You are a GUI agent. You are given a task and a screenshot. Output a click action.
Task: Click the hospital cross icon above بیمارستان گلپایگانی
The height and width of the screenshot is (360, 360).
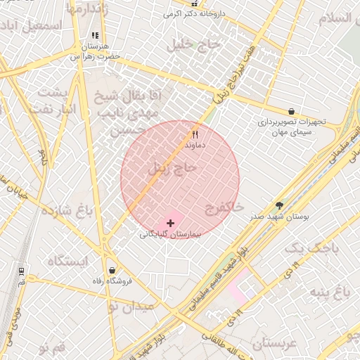pyautogui.click(x=171, y=222)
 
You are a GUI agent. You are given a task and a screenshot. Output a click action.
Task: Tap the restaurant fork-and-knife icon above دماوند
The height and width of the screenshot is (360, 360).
pyautogui.click(x=195, y=134)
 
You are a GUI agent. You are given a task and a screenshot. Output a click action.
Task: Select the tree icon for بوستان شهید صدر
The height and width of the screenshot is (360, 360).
pyautogui.click(x=280, y=205)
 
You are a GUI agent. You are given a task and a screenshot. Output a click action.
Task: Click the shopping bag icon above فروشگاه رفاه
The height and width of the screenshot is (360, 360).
pyautogui.click(x=112, y=271)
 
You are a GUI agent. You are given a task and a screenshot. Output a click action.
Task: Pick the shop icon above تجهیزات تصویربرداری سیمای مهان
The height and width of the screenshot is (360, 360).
pyautogui.click(x=291, y=111)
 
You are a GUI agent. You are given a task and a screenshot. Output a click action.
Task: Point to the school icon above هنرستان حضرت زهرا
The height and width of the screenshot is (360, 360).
pyautogui.click(x=95, y=36)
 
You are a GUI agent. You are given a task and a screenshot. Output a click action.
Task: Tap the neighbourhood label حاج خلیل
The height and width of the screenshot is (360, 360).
pyautogui.click(x=193, y=44)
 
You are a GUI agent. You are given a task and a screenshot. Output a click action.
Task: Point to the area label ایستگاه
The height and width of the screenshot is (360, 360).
pyautogui.click(x=68, y=262)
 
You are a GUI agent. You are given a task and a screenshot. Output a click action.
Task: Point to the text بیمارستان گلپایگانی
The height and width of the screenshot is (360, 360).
pyautogui.click(x=171, y=235)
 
